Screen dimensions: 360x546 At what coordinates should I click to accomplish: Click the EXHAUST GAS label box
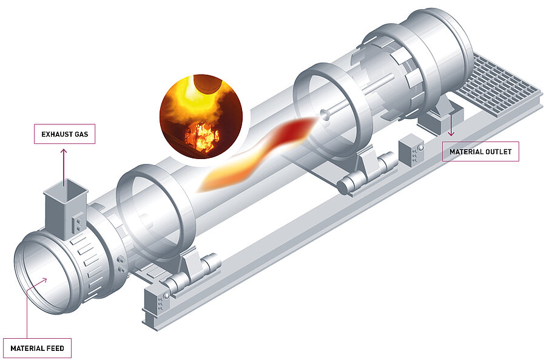pos(64,134)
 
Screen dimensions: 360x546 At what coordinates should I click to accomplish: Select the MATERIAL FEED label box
pos(37,348)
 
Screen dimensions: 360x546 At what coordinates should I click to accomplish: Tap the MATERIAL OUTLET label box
pos(480,151)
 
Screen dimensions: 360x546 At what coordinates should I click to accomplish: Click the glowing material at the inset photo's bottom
pos(203,137)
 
